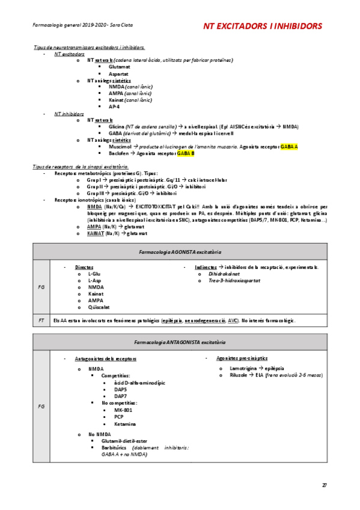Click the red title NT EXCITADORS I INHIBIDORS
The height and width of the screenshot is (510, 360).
click(x=262, y=26)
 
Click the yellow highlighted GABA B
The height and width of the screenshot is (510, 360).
click(x=185, y=153)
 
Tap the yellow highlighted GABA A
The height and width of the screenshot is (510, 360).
click(x=288, y=147)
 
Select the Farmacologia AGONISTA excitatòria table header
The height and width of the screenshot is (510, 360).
click(x=180, y=250)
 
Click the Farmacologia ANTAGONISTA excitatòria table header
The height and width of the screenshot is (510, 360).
click(x=180, y=341)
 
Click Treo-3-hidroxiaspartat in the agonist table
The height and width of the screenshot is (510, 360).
click(x=237, y=280)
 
